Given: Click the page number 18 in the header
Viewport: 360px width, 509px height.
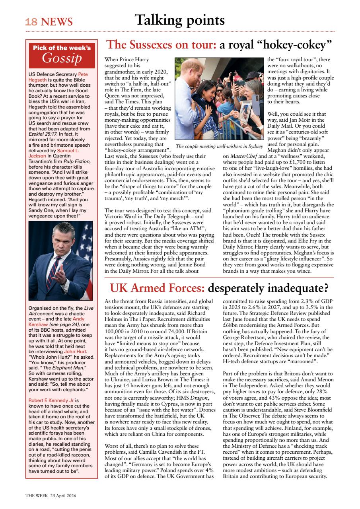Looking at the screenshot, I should [31, 21].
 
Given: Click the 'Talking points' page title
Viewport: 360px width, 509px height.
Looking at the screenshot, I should [179, 20].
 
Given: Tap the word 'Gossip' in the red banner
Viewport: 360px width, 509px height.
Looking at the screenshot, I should [62, 59].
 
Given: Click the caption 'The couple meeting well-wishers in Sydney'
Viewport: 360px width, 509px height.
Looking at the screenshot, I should [219, 147].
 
